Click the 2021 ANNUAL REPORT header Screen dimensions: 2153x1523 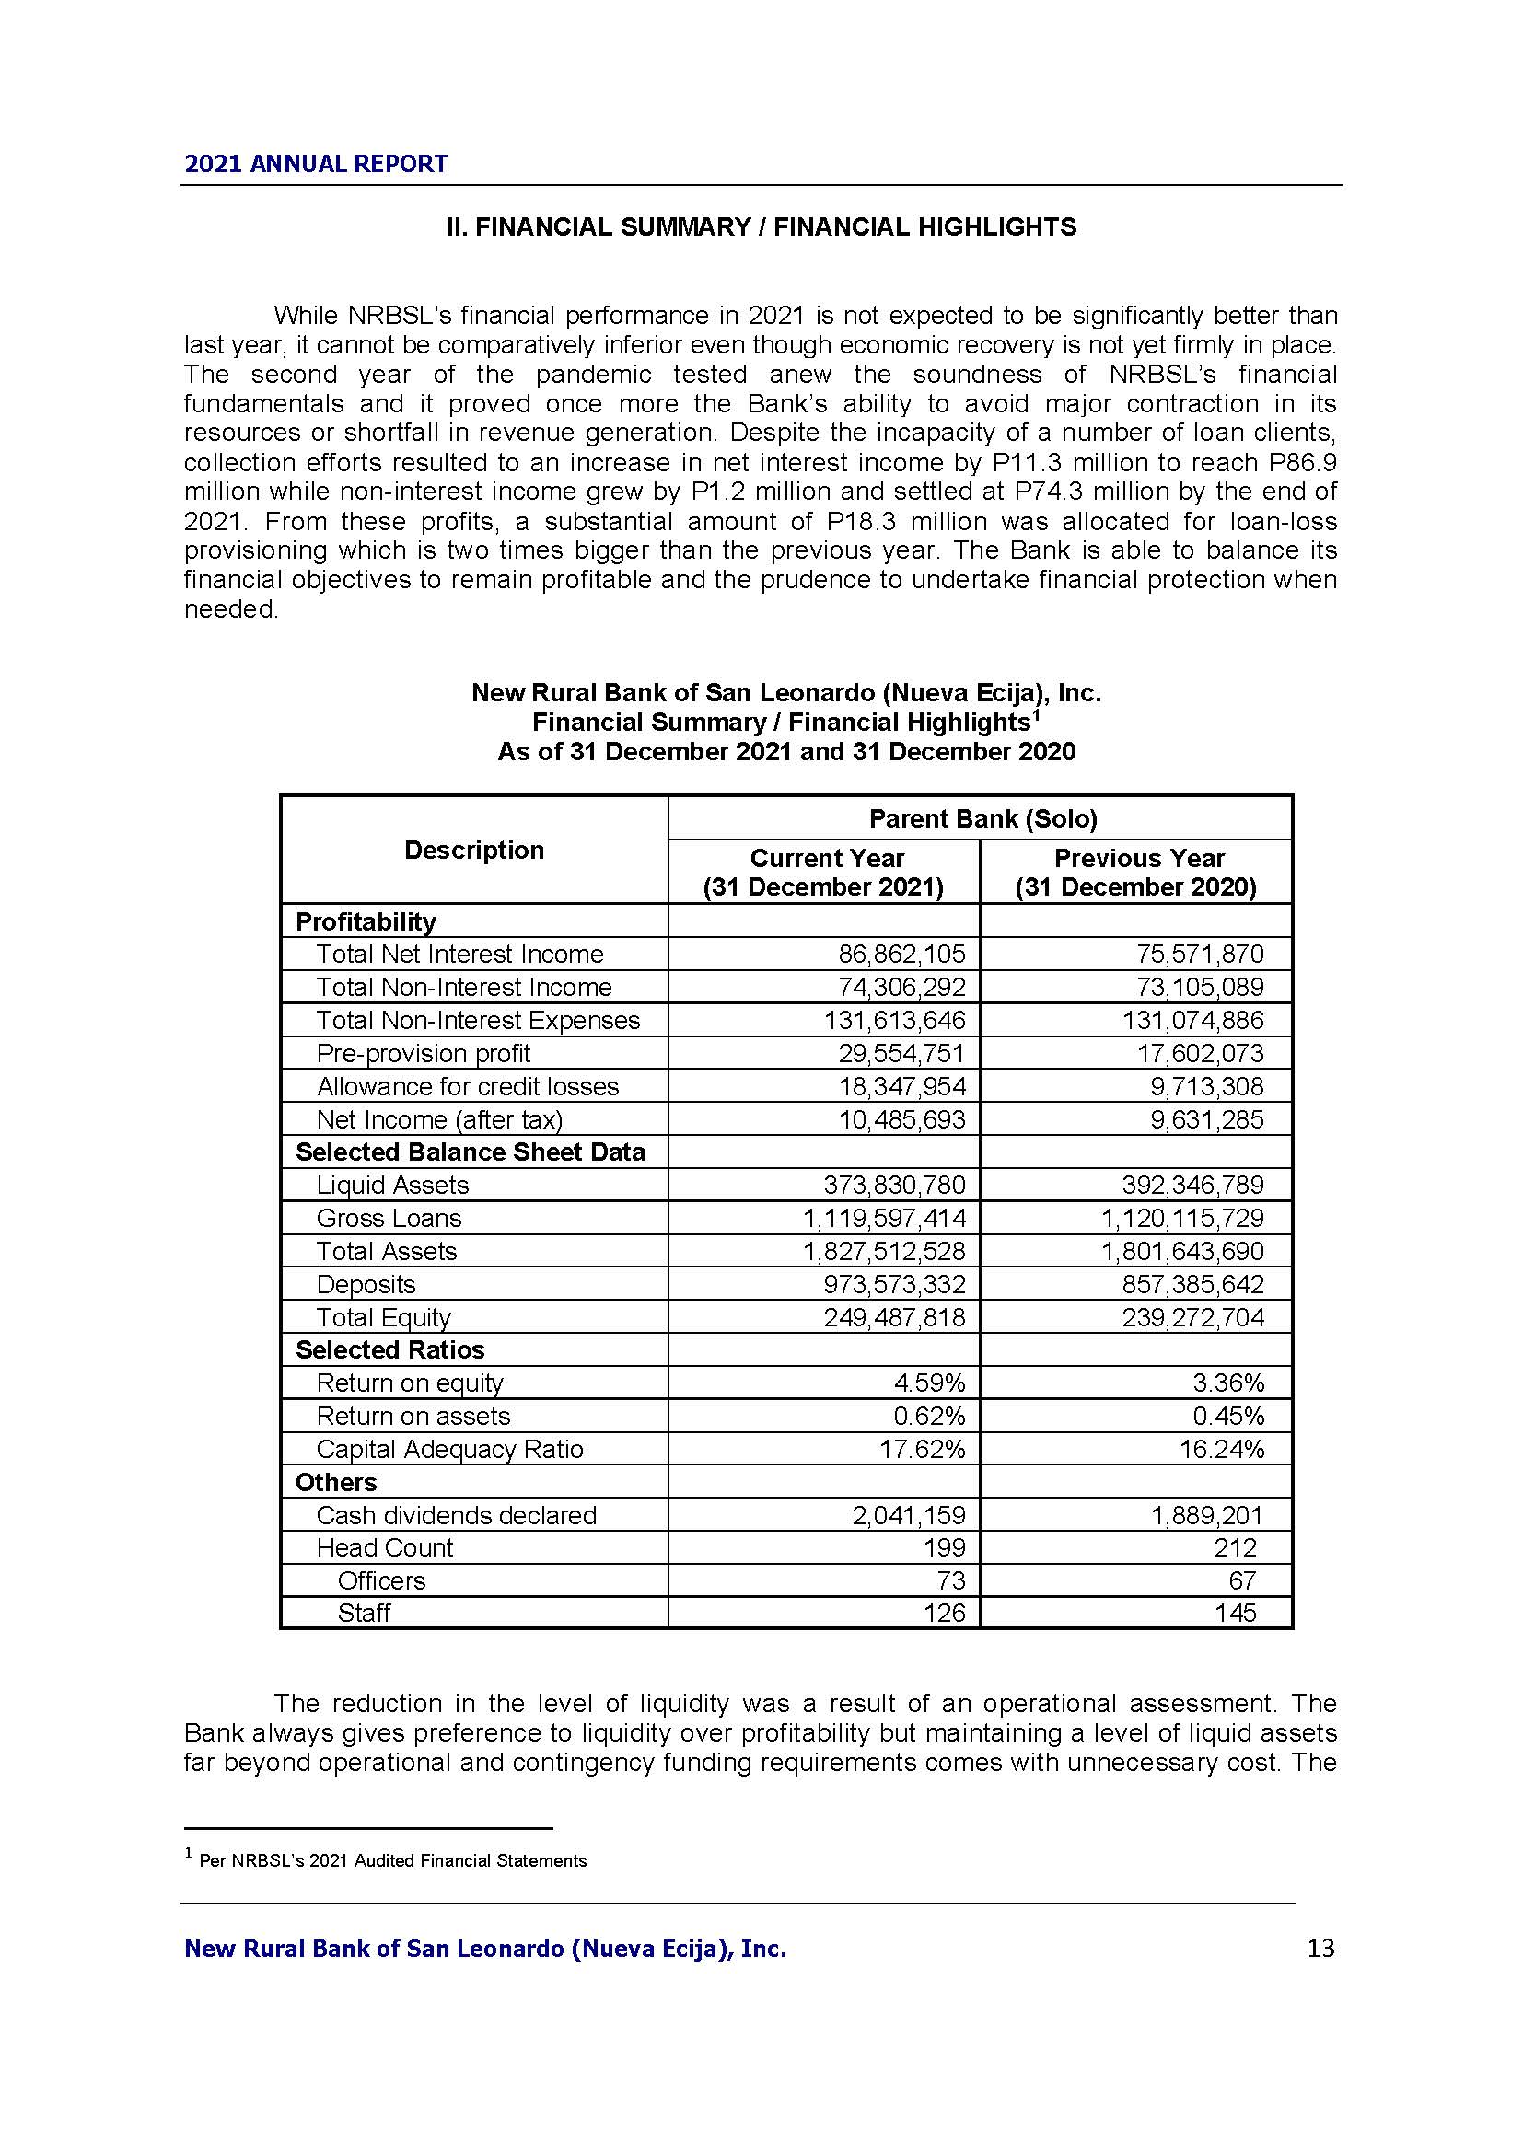316,164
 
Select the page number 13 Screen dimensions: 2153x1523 1320,1949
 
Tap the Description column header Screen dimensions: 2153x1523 473,850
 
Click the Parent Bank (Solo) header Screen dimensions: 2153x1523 982,818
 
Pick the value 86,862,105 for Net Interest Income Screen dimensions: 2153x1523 901,955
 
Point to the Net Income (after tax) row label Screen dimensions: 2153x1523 439,1119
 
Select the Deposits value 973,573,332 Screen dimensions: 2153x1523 894,1284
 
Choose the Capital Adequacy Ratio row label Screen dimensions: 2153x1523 449,1449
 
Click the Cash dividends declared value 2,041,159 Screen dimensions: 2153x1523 908,1515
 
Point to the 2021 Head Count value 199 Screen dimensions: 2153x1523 945,1547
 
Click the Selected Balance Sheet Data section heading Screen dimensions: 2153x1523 470,1152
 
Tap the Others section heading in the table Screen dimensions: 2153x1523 336,1483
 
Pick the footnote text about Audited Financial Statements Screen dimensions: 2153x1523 393,1861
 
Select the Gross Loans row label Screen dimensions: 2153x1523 389,1218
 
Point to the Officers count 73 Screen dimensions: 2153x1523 950,1580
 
